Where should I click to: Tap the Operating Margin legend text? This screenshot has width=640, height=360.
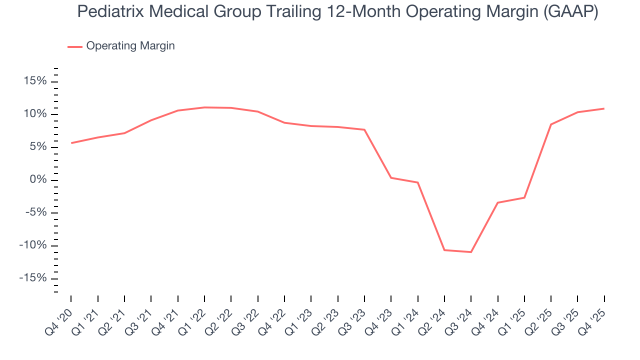(130, 46)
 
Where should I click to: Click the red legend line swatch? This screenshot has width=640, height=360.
(75, 46)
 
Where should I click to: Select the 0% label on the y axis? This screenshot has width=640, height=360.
(38, 180)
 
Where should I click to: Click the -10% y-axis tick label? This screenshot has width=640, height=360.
(32, 245)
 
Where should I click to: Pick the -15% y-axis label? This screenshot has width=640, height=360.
(32, 278)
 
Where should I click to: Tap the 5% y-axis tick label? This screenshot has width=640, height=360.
(38, 147)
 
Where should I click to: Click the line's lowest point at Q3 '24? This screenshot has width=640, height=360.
(471, 252)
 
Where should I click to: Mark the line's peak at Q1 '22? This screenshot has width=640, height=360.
(204, 107)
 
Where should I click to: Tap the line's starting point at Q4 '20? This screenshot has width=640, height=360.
(71, 143)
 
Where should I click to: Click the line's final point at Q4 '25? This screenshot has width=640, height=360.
(604, 108)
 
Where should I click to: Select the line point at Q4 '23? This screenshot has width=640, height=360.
(391, 177)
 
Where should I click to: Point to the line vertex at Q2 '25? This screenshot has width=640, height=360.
(551, 124)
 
